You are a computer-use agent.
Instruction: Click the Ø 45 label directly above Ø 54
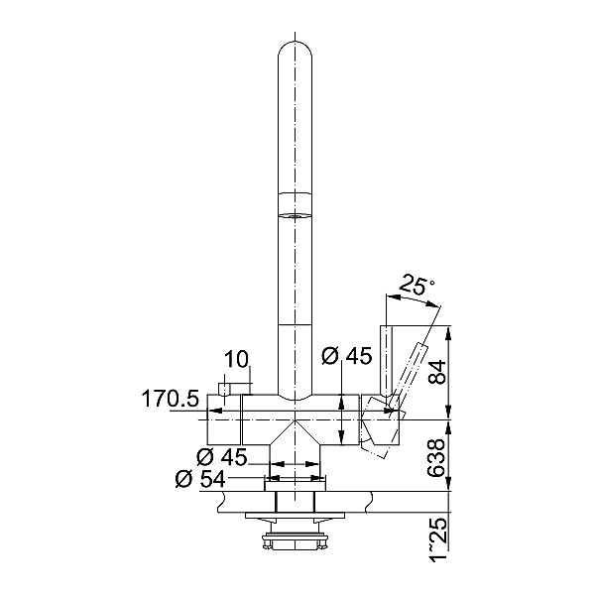click(x=221, y=457)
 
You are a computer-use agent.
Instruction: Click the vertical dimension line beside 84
click(x=451, y=373)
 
